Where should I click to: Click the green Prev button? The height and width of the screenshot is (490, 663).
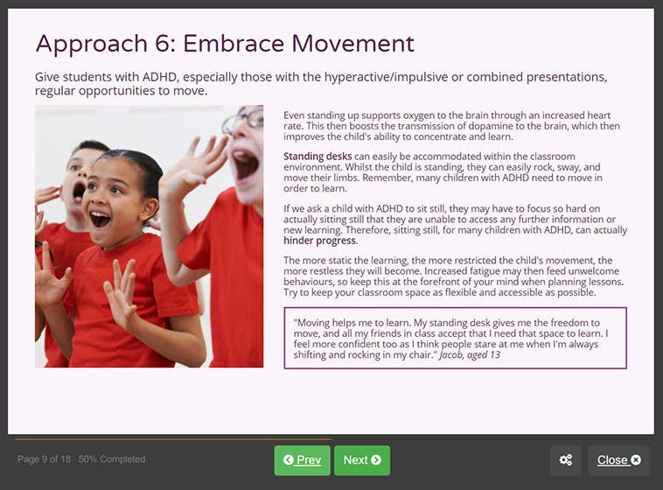coord(302,460)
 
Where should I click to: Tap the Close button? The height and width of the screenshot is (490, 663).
coord(618,460)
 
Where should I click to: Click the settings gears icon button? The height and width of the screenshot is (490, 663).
coord(566,460)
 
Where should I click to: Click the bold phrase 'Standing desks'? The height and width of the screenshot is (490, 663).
coord(318,157)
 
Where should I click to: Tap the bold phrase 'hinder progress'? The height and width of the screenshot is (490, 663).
coord(320,241)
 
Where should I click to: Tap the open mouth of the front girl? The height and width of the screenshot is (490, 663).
coord(100,220)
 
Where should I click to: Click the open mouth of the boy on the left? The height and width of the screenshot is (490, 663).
coord(78,191)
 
